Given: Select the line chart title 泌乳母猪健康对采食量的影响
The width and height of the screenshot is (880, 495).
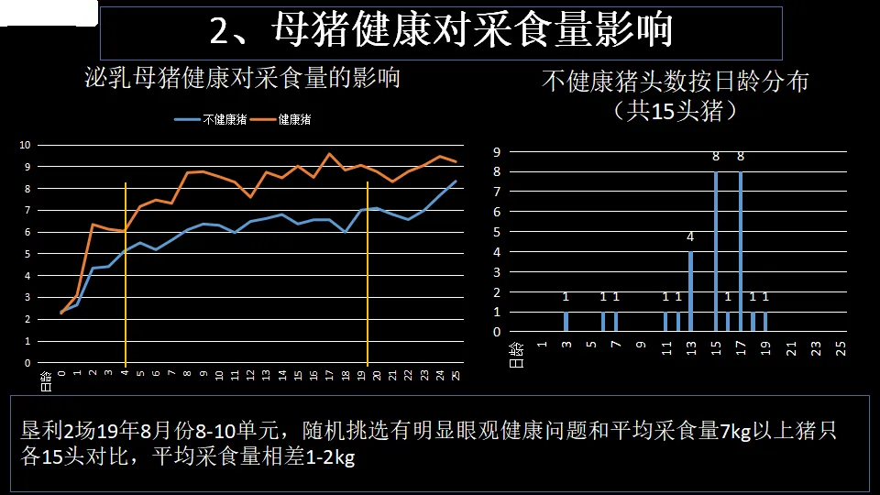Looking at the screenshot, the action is pyautogui.click(x=242, y=78).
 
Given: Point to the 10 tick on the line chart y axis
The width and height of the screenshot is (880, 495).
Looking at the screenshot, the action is pyautogui.click(x=25, y=145).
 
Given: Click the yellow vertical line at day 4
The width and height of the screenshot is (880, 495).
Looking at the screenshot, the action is pyautogui.click(x=126, y=274).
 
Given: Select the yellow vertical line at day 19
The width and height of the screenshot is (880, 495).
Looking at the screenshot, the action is pyautogui.click(x=367, y=274).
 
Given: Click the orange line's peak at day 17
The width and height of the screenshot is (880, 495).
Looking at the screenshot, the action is pyautogui.click(x=329, y=153).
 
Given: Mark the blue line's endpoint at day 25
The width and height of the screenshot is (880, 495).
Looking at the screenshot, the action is pyautogui.click(x=456, y=181).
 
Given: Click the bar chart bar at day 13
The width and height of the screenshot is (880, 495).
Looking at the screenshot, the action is pyautogui.click(x=690, y=291).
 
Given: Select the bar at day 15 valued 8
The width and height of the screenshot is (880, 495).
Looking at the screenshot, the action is pyautogui.click(x=716, y=251).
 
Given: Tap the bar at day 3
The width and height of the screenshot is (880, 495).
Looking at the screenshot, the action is pyautogui.click(x=566, y=322).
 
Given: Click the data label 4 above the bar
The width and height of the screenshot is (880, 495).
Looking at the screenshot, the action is pyautogui.click(x=690, y=236).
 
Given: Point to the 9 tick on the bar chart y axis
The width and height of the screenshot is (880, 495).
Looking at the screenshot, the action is pyautogui.click(x=497, y=151).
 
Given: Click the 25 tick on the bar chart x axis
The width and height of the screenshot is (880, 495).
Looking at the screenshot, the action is pyautogui.click(x=841, y=348).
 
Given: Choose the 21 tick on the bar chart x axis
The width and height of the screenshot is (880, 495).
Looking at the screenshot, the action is pyautogui.click(x=791, y=348).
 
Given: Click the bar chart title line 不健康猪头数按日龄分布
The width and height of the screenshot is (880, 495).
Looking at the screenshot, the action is pyautogui.click(x=676, y=82).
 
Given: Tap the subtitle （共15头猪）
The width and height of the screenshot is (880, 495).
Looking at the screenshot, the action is pyautogui.click(x=676, y=111).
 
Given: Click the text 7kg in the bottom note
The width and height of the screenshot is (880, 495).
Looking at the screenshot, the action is pyautogui.click(x=735, y=431).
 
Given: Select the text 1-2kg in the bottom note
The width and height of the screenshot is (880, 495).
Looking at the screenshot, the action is pyautogui.click(x=330, y=456).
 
